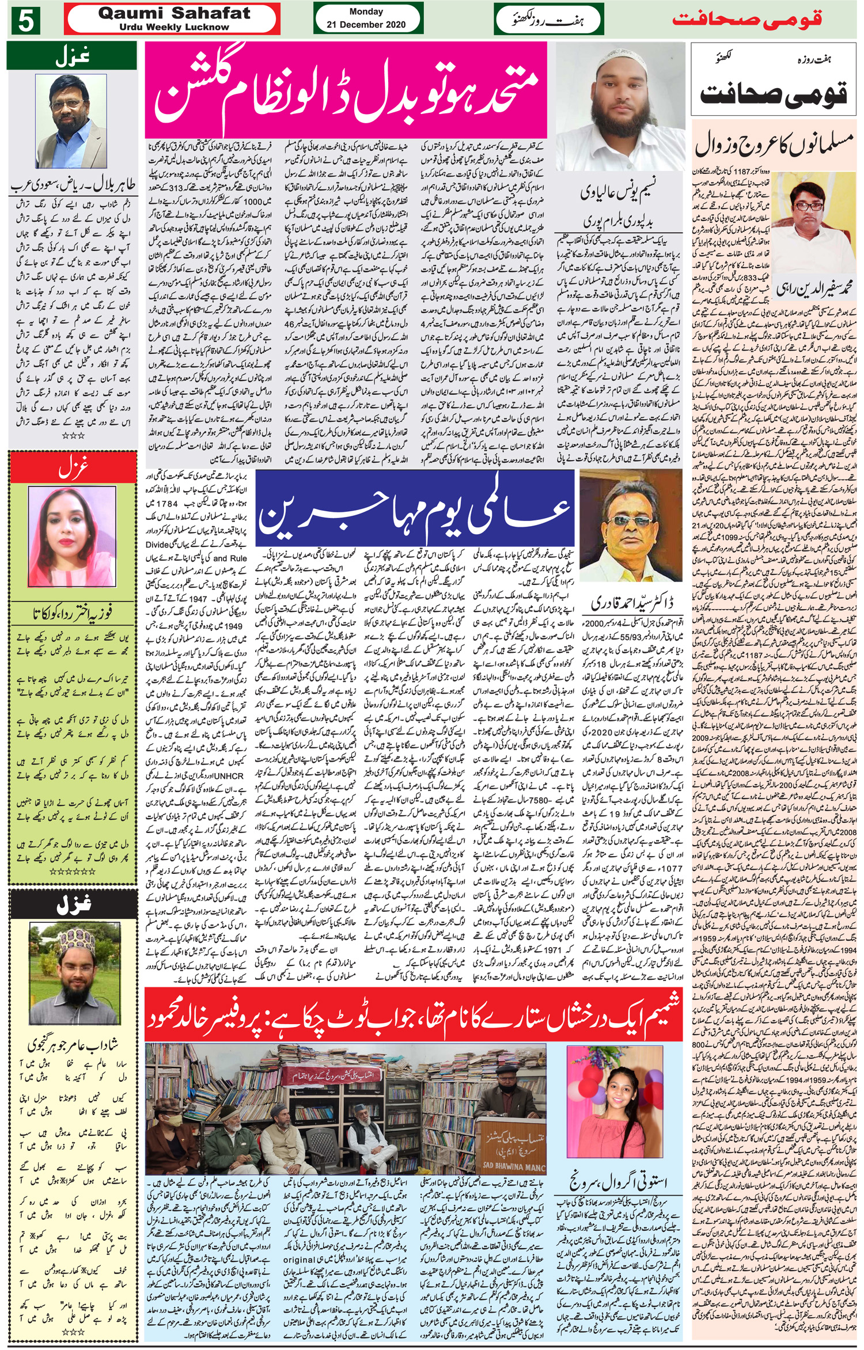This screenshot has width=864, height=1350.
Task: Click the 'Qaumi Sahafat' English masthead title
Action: click(x=174, y=13)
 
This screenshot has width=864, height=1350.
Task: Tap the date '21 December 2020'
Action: click(x=366, y=24)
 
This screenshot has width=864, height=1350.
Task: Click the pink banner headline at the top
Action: click(x=346, y=89)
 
